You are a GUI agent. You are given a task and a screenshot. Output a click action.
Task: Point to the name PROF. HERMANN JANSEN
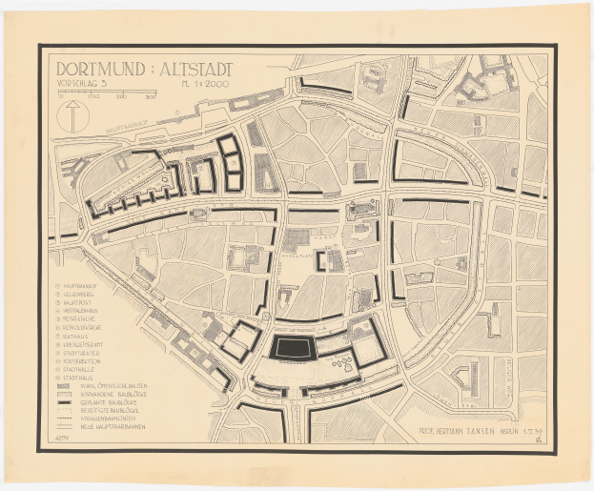(447, 434)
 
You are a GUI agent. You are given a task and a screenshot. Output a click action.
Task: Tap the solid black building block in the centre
(293, 347)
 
